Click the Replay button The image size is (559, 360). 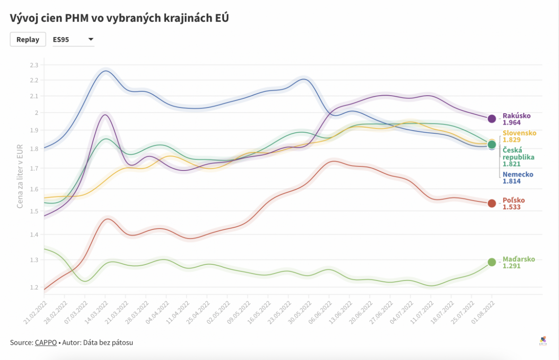(28, 39)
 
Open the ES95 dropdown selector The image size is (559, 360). (73, 39)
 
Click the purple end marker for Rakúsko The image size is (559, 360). (491, 119)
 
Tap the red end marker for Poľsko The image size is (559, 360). (491, 203)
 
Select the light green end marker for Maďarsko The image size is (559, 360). (491, 262)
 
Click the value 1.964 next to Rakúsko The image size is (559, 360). (512, 123)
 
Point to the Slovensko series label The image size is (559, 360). (519, 133)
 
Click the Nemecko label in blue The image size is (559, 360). (517, 174)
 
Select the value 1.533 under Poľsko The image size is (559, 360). (512, 207)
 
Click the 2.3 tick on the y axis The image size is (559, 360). (34, 65)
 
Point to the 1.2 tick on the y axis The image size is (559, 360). (34, 288)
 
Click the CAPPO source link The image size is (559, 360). (46, 343)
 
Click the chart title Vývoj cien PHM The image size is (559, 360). (119, 18)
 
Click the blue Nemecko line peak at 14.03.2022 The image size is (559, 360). (105, 71)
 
